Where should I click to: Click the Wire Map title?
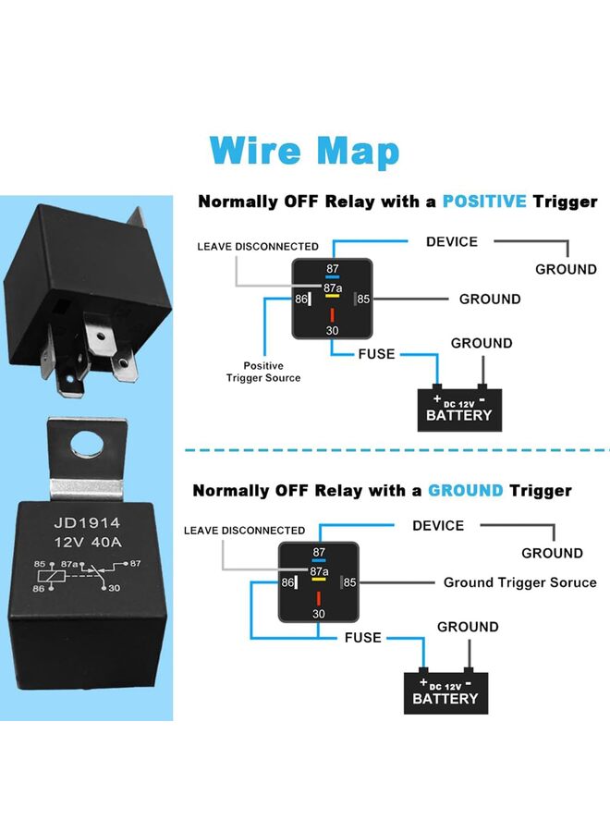tap(304, 150)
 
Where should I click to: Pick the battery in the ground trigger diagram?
tap(445, 690)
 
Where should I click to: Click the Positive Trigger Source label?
tap(263, 372)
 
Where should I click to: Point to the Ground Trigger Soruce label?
tap(519, 582)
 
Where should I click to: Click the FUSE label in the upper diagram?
tap(376, 354)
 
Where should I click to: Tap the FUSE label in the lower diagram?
tap(362, 638)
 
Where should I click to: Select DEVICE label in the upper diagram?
tap(451, 242)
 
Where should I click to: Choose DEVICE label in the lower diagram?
tap(438, 526)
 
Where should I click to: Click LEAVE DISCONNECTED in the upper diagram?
tap(258, 247)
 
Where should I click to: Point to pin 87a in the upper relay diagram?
tap(333, 288)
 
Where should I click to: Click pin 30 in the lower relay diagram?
tap(319, 614)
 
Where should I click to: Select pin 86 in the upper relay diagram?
tap(301, 300)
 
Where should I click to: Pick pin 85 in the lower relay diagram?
tap(350, 582)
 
